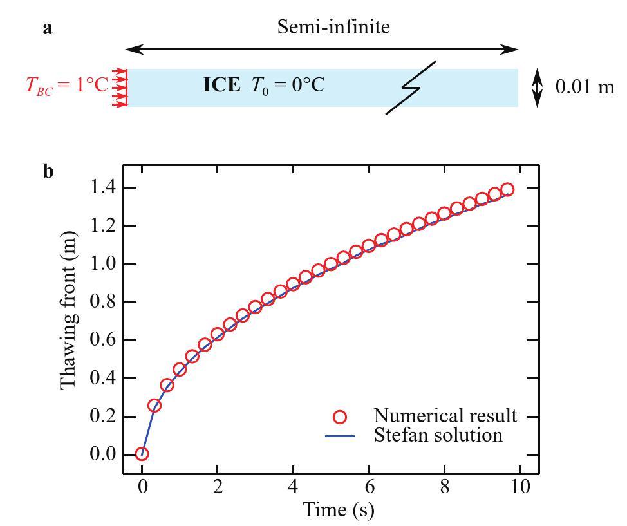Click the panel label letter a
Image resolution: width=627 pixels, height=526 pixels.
[x=48, y=29]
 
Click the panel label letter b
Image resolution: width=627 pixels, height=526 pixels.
[x=48, y=172]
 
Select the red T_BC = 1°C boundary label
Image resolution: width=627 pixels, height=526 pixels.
[x=67, y=86]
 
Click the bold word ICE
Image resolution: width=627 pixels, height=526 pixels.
[x=221, y=85]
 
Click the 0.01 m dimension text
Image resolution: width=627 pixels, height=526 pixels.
[x=585, y=86]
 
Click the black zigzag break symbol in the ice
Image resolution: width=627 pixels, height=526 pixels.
[x=411, y=88]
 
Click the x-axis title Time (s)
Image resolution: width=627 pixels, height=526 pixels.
[x=339, y=509]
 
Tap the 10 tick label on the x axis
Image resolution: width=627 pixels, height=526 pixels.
[x=520, y=486]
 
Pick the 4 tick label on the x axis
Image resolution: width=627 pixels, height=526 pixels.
[x=293, y=486]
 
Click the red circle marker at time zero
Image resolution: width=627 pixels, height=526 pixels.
[x=142, y=454]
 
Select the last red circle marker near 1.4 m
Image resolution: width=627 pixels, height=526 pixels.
[x=507, y=189]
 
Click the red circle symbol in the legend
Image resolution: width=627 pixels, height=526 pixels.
[x=339, y=417]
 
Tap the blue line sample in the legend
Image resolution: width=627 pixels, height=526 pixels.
[x=339, y=436]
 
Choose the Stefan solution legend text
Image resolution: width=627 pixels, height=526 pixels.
[x=438, y=435]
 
